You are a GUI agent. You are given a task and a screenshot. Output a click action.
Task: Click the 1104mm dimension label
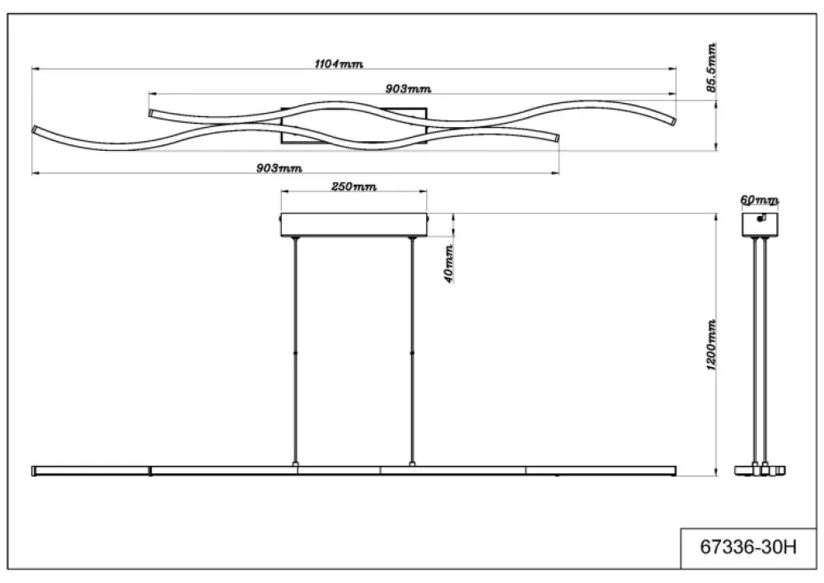(339, 64)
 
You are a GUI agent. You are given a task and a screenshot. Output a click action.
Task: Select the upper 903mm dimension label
(409, 89)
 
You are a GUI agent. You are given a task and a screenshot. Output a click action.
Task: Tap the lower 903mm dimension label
(279, 168)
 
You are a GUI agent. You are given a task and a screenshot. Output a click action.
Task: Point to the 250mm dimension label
(353, 186)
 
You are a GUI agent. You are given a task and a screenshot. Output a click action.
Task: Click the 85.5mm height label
(711, 68)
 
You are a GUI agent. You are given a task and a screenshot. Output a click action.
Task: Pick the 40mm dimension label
(449, 264)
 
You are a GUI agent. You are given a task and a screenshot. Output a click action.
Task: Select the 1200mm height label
(711, 345)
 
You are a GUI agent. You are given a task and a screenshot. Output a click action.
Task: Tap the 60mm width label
(760, 200)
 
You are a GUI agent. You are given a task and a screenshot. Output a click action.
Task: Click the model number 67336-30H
(748, 548)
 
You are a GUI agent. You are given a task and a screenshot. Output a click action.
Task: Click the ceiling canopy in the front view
(353, 224)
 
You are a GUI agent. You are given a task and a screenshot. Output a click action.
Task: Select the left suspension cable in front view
(295, 351)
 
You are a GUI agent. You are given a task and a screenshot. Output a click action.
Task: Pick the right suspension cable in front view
(412, 351)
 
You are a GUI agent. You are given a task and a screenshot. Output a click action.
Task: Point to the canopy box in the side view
(760, 224)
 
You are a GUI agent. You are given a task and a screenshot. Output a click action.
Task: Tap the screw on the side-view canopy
(761, 219)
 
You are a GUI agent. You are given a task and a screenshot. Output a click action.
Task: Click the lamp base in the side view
(760, 471)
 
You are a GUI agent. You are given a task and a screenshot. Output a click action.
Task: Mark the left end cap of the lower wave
(35, 129)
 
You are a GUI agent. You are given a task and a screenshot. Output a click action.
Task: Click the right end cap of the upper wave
(672, 121)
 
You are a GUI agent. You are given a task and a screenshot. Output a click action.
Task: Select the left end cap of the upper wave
(152, 114)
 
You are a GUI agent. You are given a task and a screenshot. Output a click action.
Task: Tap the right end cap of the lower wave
(556, 139)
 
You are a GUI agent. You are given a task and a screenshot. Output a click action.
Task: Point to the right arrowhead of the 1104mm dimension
(672, 68)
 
